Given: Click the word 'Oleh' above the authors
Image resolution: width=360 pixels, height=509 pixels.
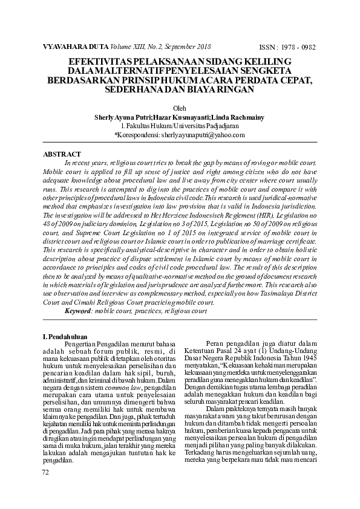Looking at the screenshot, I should pyautogui.click(x=180, y=108).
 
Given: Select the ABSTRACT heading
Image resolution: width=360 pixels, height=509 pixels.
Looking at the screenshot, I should pyautogui.click(x=62, y=154).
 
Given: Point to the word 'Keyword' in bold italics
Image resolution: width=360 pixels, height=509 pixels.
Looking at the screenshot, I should pyautogui.click(x=77, y=310).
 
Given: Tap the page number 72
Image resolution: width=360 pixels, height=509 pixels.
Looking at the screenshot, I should pyautogui.click(x=45, y=472).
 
